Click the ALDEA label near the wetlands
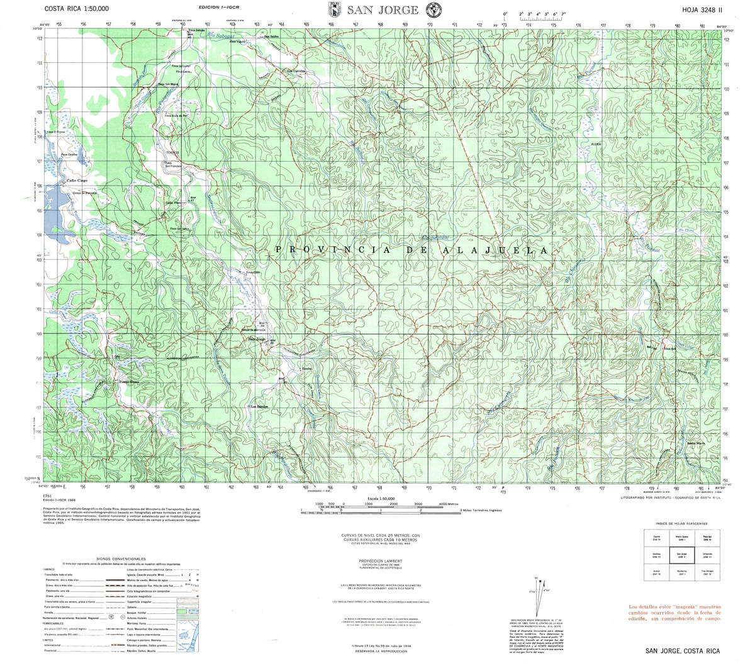pos(595,144)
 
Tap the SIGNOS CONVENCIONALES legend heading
pos(121,559)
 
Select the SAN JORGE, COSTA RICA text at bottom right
pos(681,651)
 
